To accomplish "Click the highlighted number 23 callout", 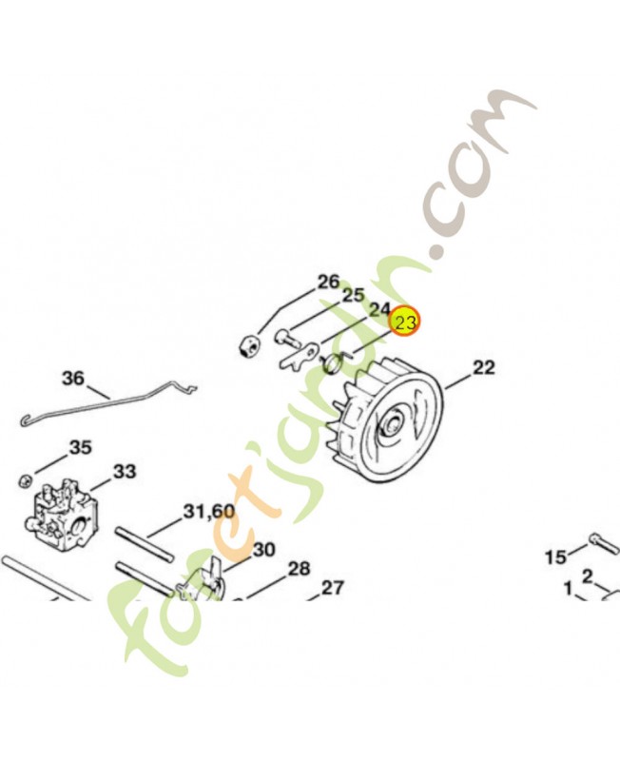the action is coord(405,322).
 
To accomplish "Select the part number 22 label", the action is coord(484,367).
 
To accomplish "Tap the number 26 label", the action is coord(329,282).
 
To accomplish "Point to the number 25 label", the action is coord(353,295).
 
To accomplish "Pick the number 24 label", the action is coord(379,309).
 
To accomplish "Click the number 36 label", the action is coord(73,378).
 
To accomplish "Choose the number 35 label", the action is coord(80,447).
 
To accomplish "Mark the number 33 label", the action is coord(125,471).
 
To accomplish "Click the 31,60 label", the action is coord(208,511).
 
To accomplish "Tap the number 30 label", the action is coord(264,550).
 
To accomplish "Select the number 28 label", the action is coord(299,568).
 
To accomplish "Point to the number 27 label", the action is coord(333,588).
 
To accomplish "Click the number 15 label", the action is coord(556,557).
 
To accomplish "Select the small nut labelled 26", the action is coord(249,346).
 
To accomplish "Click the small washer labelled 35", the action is coord(25,480).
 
